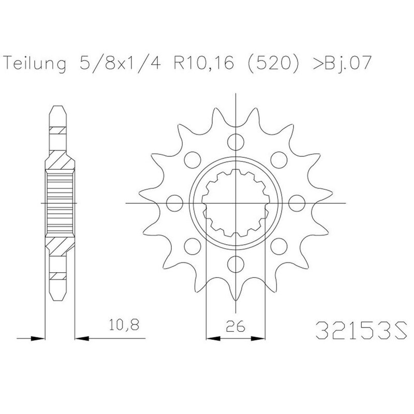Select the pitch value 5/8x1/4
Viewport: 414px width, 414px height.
click(121, 63)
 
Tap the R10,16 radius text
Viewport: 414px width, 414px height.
click(203, 63)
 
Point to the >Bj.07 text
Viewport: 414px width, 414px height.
click(342, 63)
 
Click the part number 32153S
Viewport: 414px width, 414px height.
click(361, 330)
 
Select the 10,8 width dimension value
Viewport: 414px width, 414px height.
click(124, 325)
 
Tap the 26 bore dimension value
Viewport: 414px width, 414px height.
click(235, 327)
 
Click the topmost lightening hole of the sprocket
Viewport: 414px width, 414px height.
click(235, 141)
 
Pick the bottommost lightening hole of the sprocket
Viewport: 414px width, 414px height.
click(235, 264)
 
